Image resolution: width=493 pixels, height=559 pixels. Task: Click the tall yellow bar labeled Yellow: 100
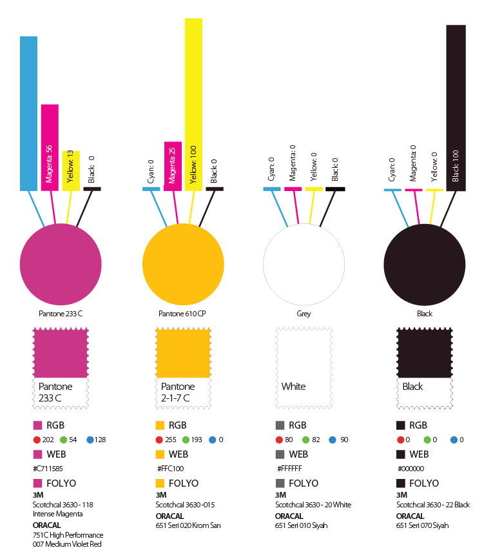point(193,103)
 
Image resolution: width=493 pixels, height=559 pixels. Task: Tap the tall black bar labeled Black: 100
point(456,107)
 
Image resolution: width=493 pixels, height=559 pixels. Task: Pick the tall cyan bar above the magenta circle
point(28,113)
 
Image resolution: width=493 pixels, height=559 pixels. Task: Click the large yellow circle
point(182,265)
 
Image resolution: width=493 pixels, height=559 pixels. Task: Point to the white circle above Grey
point(304,265)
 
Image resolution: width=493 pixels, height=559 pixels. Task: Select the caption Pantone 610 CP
point(182,314)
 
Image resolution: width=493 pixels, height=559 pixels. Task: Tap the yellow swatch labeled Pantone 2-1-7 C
point(182,352)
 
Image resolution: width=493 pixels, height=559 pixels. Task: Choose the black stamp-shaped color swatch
point(424,352)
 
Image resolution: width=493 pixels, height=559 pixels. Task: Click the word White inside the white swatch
point(293,387)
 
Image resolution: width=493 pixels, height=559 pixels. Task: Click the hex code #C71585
point(47,469)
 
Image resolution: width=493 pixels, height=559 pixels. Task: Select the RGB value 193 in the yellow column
point(197,440)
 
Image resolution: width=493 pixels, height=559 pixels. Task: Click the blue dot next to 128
point(90,440)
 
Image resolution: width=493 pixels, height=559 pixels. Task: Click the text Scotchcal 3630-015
point(185,505)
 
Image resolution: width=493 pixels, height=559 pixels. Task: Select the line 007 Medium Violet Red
point(67,545)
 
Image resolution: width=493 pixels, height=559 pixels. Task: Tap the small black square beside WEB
point(401,454)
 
